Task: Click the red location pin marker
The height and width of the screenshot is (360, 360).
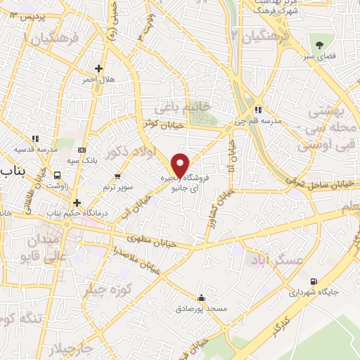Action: coord(180,165)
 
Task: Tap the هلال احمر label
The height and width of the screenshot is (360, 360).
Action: coord(99,80)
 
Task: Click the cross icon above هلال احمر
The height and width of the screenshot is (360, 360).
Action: coord(99,69)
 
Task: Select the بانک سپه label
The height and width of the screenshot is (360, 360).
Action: coord(83,161)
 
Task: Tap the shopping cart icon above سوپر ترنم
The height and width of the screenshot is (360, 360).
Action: coord(117,176)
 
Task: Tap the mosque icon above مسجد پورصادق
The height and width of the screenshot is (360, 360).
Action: coord(202,297)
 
